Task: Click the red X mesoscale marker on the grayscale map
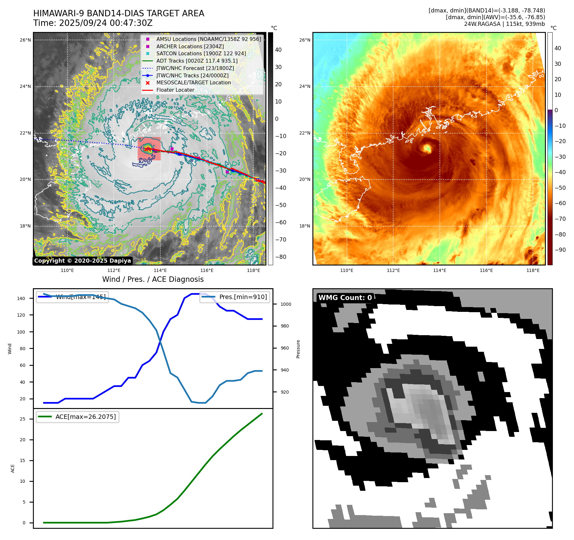(146, 149)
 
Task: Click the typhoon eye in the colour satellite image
(427, 148)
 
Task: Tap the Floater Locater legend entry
(175, 90)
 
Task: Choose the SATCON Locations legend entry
(201, 53)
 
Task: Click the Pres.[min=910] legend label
(243, 297)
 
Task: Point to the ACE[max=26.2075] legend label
(86, 417)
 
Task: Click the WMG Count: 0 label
(345, 297)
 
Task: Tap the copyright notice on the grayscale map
(82, 261)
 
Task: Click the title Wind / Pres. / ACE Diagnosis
(153, 279)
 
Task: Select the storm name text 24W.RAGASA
(482, 24)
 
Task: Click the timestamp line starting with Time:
(93, 23)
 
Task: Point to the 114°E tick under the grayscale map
(160, 270)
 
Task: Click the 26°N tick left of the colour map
(305, 40)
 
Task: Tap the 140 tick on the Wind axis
(21, 298)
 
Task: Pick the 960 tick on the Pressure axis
(285, 348)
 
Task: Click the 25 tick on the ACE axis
(22, 419)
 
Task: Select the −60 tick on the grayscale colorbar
(281, 222)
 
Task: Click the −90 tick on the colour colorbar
(560, 250)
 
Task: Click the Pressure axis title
(298, 349)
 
